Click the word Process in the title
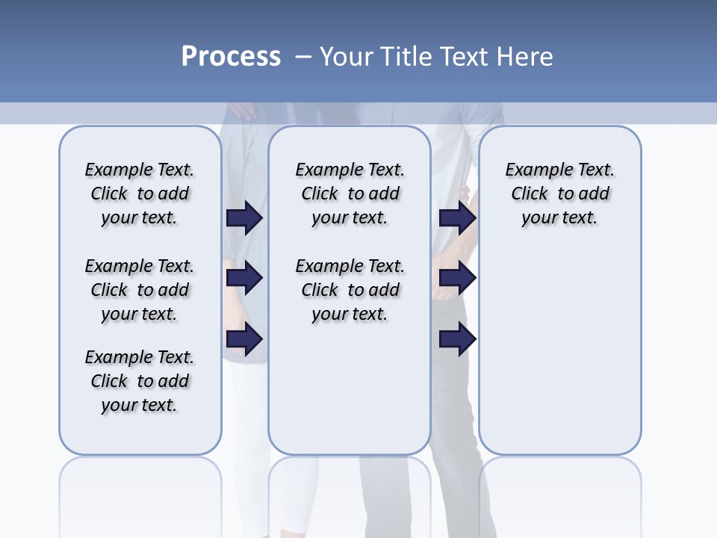click(231, 56)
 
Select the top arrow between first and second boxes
click(244, 218)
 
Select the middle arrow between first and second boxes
click(244, 279)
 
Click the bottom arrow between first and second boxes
click(244, 340)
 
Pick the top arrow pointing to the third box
click(458, 218)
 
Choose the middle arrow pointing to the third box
click(458, 279)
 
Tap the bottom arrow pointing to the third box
click(458, 340)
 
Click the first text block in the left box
click(140, 194)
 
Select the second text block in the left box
click(140, 290)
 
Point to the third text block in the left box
click(140, 381)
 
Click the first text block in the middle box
click(350, 194)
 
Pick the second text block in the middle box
click(350, 290)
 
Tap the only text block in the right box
click(559, 194)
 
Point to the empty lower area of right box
click(559, 351)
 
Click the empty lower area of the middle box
click(350, 389)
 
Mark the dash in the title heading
click(303, 57)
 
